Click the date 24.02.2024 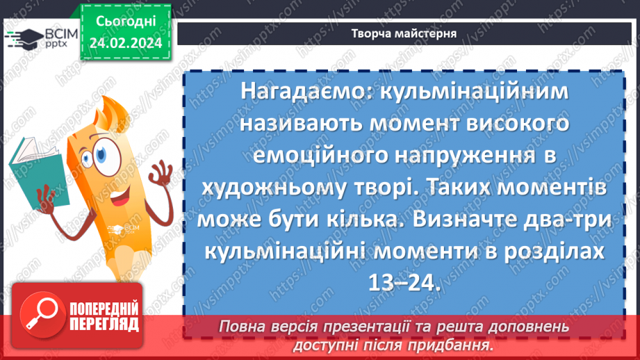(124, 43)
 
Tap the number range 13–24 (403, 281)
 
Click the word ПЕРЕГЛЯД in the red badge (103, 325)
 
